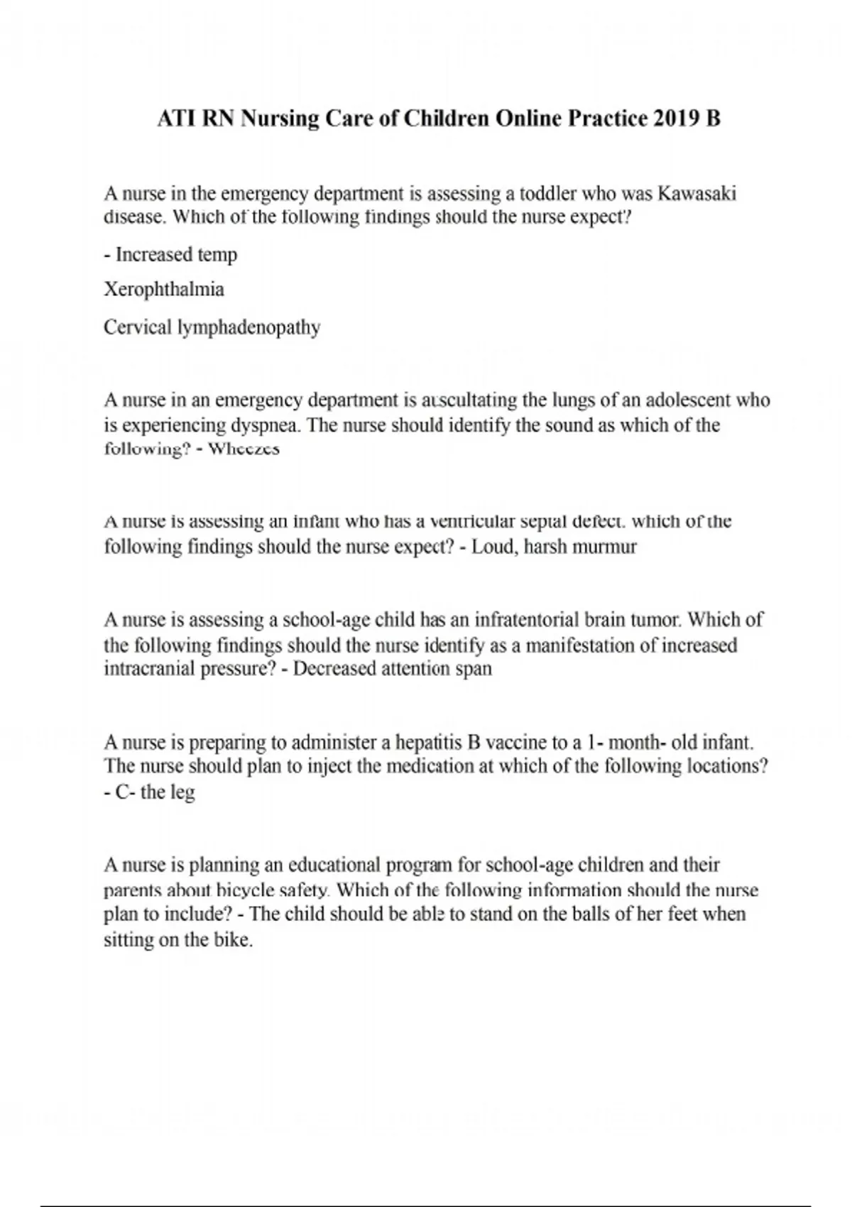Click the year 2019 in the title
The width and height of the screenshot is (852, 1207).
(x=675, y=119)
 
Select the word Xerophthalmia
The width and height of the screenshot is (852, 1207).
(x=164, y=290)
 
